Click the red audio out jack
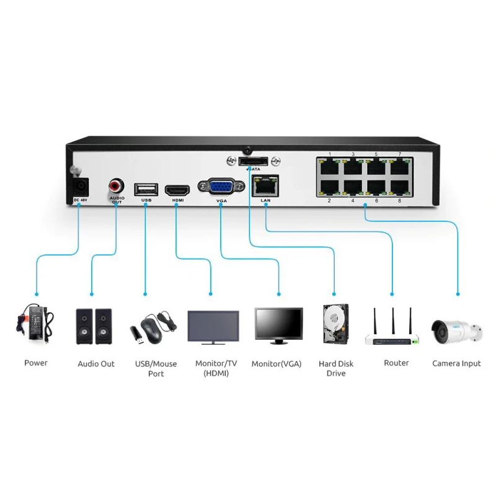(x=116, y=185)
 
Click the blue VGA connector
(x=221, y=187)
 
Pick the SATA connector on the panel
(x=254, y=161)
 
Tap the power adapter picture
(x=35, y=322)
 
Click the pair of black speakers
(x=94, y=326)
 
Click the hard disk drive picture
(x=335, y=323)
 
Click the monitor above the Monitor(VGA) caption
(x=278, y=323)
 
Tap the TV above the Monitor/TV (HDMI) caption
(x=213, y=327)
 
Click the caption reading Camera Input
(x=456, y=363)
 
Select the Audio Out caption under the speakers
(x=96, y=364)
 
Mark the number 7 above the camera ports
(x=399, y=154)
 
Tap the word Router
(x=396, y=363)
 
